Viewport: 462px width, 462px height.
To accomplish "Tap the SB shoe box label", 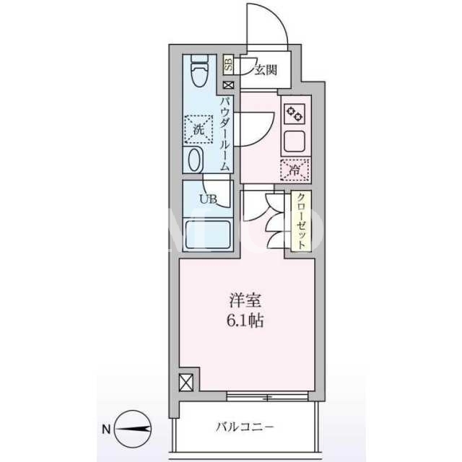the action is coord(228,65).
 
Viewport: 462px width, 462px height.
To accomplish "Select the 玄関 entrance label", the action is coord(266,70).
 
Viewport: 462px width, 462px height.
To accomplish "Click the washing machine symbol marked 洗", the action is coord(199,129).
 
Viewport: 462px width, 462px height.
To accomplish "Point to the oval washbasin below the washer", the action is coord(195,160).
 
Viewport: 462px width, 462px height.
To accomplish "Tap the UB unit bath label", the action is coord(209,199).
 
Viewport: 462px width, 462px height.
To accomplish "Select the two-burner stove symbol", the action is coord(295,114).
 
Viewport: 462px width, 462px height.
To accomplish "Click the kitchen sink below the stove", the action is coord(295,141).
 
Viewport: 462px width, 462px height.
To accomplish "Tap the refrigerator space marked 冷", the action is coord(295,170).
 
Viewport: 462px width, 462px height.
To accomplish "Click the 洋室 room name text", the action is coord(245,300).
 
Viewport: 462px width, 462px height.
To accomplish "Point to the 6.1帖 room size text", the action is coord(245,321).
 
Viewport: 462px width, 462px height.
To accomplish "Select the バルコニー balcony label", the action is coord(245,427).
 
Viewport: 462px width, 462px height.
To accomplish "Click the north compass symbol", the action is coord(133,429).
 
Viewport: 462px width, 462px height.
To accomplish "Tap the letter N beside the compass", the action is coord(106,430).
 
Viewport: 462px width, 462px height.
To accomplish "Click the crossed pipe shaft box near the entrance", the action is coord(229,85).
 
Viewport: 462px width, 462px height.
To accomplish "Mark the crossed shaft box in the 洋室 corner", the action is coord(186,383).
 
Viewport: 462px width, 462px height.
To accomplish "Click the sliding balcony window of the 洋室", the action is coord(268,396).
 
